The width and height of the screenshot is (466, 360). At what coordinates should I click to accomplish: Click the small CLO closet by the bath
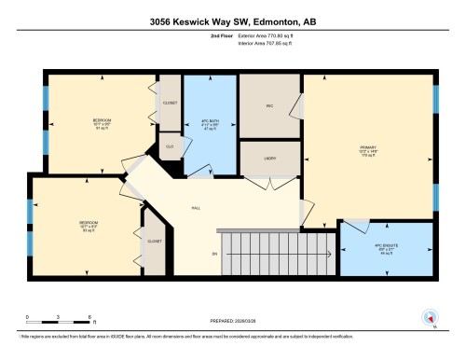coord(170,146)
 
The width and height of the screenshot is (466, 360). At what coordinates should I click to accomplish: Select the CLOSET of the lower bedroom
coord(154,242)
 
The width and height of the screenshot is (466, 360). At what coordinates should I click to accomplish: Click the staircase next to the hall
coord(275,251)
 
